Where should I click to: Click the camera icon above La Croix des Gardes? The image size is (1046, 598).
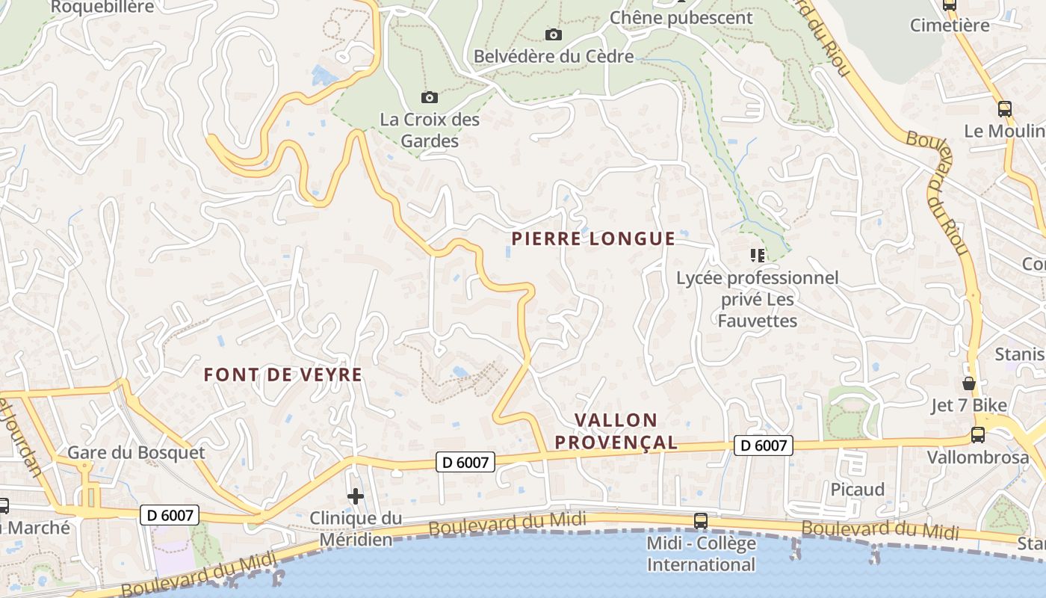pos(429,97)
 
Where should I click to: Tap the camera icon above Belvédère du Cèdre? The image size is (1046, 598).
pos(554,34)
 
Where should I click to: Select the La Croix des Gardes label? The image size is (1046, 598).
pos(430,129)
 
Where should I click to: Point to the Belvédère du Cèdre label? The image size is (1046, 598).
pos(554,56)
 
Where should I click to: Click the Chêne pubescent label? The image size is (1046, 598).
pos(681,17)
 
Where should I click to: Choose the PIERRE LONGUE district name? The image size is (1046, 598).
pos(593,238)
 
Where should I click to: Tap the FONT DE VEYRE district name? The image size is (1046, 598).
pos(283,374)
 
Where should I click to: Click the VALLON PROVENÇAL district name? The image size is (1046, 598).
pos(616,431)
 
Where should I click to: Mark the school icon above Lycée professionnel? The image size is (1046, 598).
pos(757,256)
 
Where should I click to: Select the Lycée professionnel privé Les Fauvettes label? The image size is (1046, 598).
pos(757,299)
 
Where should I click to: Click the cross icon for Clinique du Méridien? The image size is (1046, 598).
pos(356,496)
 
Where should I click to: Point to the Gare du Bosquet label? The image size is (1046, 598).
pos(136,452)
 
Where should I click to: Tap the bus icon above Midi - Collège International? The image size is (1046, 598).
pos(700,521)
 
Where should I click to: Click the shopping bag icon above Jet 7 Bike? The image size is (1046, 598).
pos(969,384)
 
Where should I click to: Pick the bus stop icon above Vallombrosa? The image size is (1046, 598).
pos(977,434)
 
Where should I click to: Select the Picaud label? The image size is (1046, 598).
pos(858,490)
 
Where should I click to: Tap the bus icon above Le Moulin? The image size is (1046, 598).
pos(1005,109)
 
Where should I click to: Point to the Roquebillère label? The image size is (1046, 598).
pos(102,7)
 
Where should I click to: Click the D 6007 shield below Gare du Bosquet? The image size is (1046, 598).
pos(169,514)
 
